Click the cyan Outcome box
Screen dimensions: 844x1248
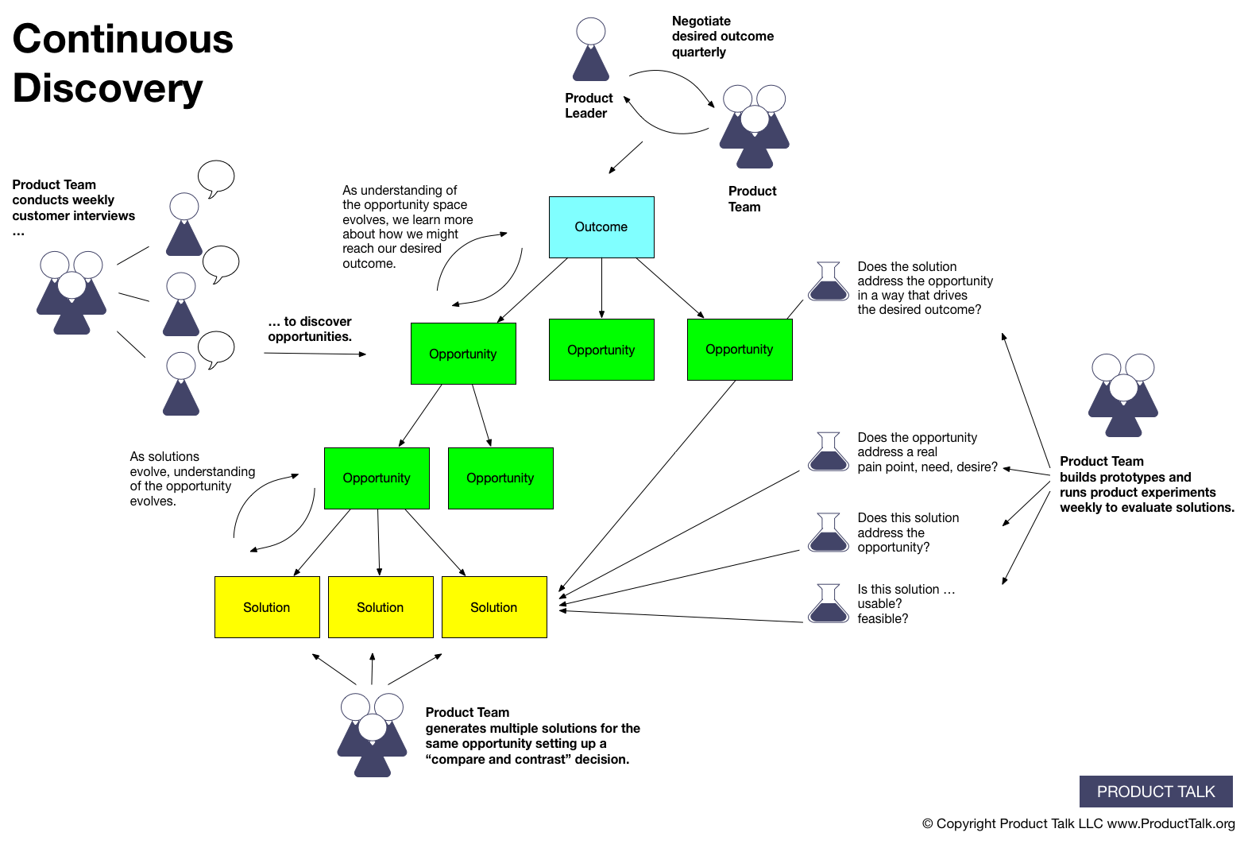601,227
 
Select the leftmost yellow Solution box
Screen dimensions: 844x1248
267,607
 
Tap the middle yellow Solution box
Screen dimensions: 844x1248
381,607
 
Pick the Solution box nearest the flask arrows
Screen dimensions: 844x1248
494,607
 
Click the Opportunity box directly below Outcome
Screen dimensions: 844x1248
601,350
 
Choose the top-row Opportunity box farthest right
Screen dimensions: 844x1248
740,350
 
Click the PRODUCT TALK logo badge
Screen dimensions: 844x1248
1155,792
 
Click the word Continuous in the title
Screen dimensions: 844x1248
123,39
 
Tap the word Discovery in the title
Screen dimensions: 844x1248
108,88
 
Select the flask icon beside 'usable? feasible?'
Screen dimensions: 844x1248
829,603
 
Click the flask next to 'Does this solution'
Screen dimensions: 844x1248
829,532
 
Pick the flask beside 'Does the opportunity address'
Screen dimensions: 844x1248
829,451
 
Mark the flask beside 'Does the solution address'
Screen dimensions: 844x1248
829,281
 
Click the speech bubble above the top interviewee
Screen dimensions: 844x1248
216,177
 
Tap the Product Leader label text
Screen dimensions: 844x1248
589,106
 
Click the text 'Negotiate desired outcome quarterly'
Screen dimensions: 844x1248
722,37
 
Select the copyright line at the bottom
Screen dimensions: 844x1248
1078,823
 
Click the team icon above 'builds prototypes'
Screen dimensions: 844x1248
1122,395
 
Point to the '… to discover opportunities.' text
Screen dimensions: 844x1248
310,329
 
